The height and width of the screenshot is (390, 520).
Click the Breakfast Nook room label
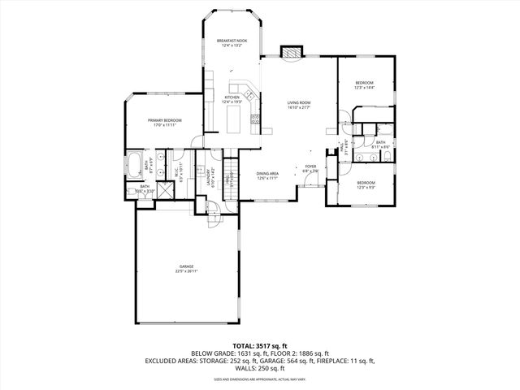[232, 43]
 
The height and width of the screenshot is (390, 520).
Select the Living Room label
[299, 105]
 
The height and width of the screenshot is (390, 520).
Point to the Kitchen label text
[232, 100]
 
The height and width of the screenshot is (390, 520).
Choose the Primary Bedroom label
[164, 123]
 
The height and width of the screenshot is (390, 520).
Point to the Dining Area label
[267, 175]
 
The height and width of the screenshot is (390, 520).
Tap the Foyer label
[311, 169]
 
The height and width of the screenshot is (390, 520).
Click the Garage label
[186, 269]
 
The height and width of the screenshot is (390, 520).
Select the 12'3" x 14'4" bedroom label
[364, 85]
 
